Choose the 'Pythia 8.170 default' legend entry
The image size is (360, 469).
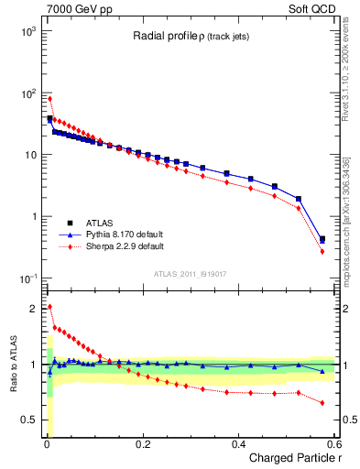(121, 234)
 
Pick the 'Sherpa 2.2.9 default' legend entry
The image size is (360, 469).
(120, 247)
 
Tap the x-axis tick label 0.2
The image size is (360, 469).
(142, 443)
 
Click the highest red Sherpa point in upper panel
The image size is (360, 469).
(49, 99)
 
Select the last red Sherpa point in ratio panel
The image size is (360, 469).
(322, 403)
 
